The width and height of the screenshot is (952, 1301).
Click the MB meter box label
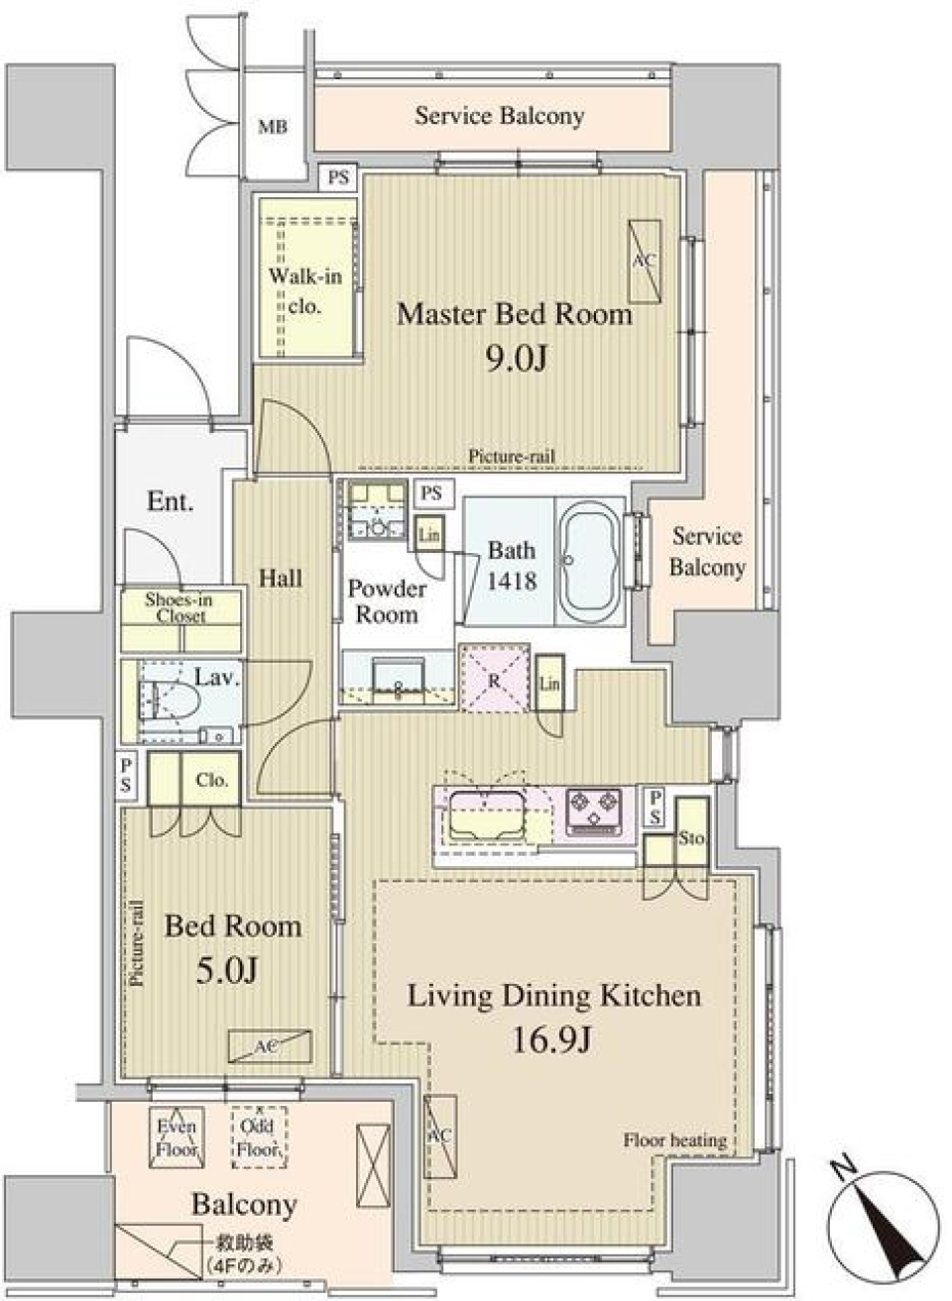point(273,127)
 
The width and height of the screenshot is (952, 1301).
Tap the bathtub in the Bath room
point(591,559)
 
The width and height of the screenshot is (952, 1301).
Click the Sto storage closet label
point(691,837)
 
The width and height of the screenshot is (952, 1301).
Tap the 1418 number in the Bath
point(512,581)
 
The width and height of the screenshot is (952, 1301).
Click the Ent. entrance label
point(170,501)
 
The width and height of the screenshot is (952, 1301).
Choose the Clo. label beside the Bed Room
point(211,780)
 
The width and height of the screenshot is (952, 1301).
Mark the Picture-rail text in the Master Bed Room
point(512,457)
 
